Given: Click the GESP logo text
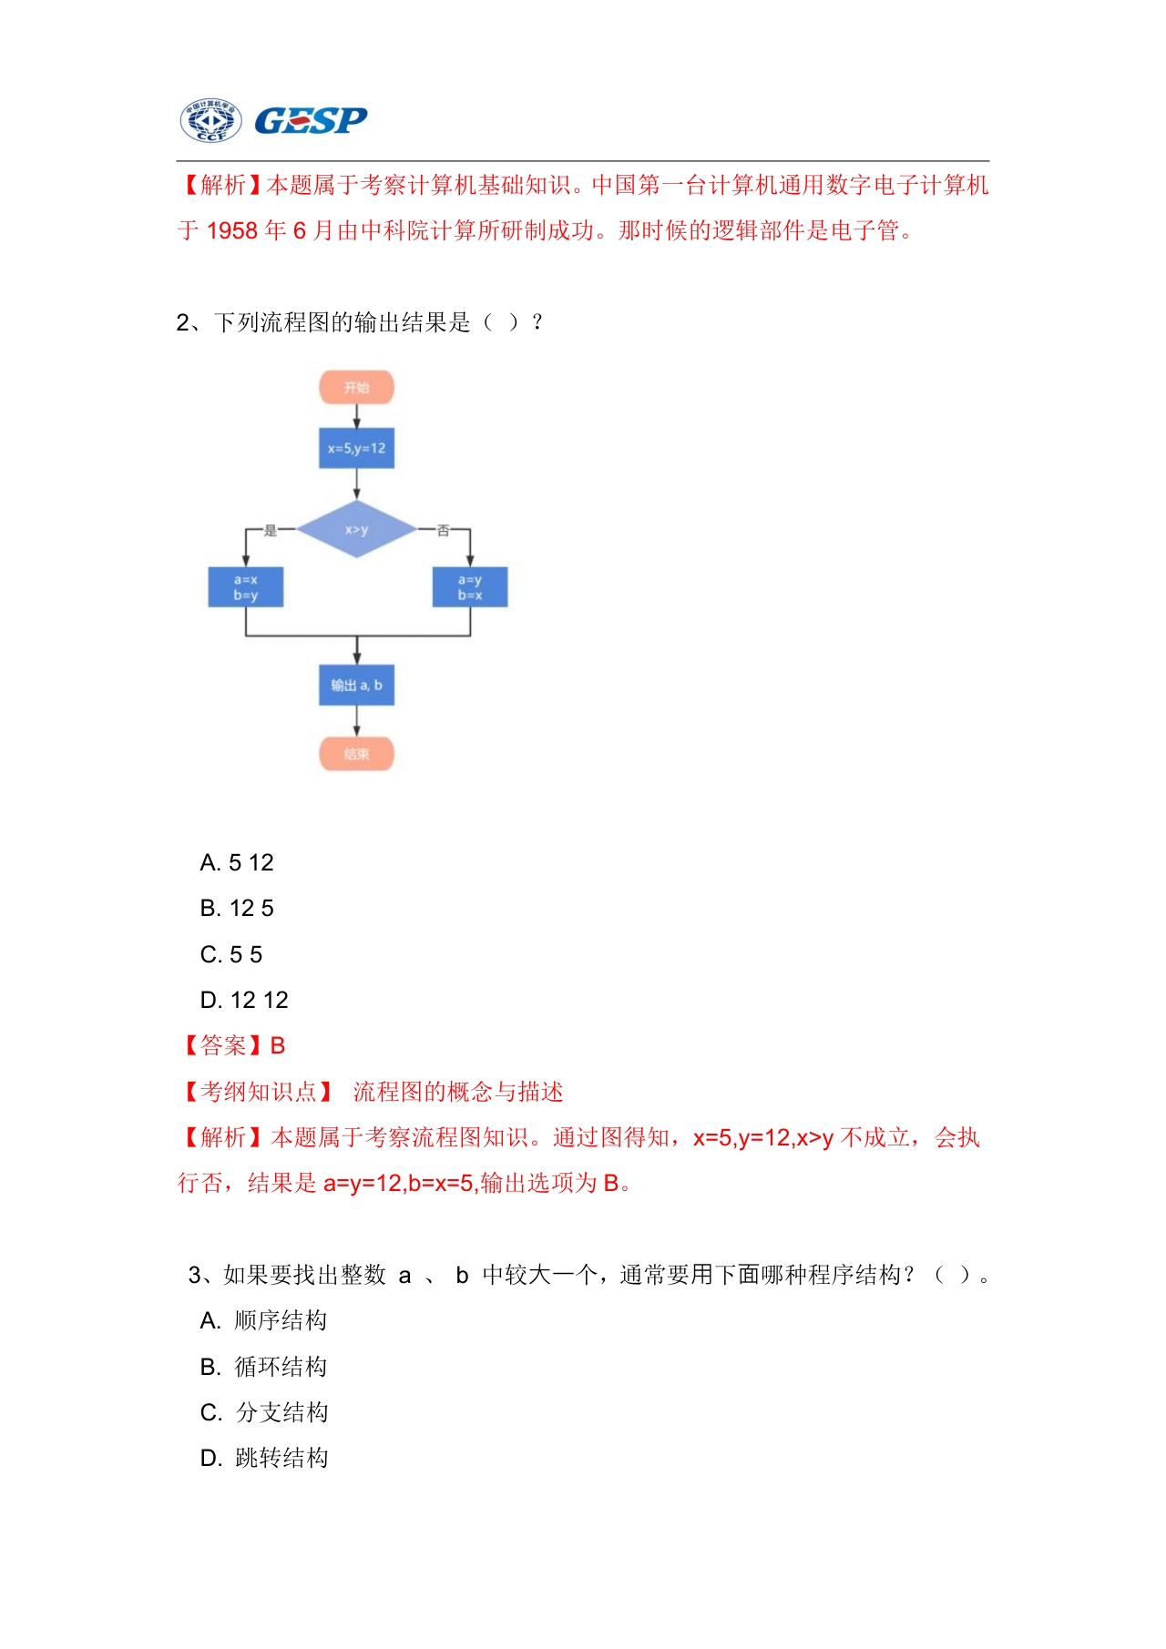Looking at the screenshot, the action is [x=311, y=120].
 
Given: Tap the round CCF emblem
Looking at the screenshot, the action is [x=210, y=120].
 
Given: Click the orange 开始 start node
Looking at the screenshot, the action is [x=356, y=387].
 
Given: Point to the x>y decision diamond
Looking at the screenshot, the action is [x=356, y=529].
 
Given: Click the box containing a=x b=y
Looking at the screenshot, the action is [x=246, y=587].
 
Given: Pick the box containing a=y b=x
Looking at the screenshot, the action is [x=470, y=587].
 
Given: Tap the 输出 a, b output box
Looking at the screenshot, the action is [x=356, y=685].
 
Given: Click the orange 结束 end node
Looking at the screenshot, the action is [x=356, y=754].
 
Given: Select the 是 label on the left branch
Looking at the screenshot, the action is [x=271, y=529].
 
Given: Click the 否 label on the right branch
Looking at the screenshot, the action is [x=443, y=529].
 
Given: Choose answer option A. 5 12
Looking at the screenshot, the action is [x=237, y=862].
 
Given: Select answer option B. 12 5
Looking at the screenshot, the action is [x=237, y=908].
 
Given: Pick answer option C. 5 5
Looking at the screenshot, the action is [x=231, y=954].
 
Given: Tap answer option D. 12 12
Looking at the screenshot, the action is [x=244, y=1000].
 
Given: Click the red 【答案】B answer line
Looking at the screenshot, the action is [x=232, y=1045].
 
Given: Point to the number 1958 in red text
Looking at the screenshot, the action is [x=232, y=230].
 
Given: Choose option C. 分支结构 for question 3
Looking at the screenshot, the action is [x=264, y=1412].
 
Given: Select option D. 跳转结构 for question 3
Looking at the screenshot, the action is [x=264, y=1458].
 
